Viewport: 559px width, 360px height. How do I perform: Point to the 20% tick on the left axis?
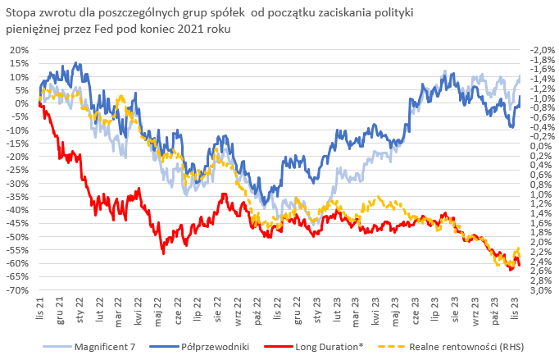(x=18, y=49)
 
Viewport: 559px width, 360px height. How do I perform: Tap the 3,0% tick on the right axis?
(x=542, y=289)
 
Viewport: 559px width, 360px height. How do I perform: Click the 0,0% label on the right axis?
(x=542, y=146)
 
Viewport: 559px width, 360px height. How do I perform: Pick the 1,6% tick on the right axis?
(x=542, y=222)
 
